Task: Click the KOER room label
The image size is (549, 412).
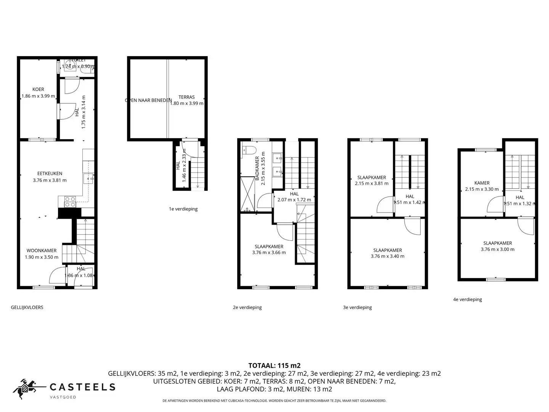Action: click(x=38, y=89)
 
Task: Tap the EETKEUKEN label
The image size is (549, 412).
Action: click(x=50, y=174)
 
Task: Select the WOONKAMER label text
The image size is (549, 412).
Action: click(x=42, y=251)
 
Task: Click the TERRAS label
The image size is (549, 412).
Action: click(x=186, y=97)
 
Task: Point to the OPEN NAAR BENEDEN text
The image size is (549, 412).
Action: click(x=148, y=100)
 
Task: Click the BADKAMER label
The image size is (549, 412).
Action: click(x=257, y=168)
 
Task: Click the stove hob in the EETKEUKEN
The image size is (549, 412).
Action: click(x=70, y=202)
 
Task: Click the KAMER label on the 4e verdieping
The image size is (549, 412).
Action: click(x=482, y=183)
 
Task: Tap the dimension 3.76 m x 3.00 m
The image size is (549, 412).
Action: click(x=498, y=249)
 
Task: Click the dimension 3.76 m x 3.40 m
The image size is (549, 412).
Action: click(x=387, y=256)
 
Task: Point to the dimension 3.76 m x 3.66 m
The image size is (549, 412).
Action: click(x=269, y=253)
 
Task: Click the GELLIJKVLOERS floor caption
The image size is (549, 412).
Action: click(x=27, y=307)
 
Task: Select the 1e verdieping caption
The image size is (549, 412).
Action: click(x=183, y=209)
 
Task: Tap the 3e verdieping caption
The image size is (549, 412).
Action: click(x=357, y=307)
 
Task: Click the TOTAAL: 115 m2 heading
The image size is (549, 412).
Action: click(x=274, y=366)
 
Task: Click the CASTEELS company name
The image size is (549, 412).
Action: click(x=83, y=387)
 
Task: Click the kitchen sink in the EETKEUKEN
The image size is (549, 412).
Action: click(x=88, y=178)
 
